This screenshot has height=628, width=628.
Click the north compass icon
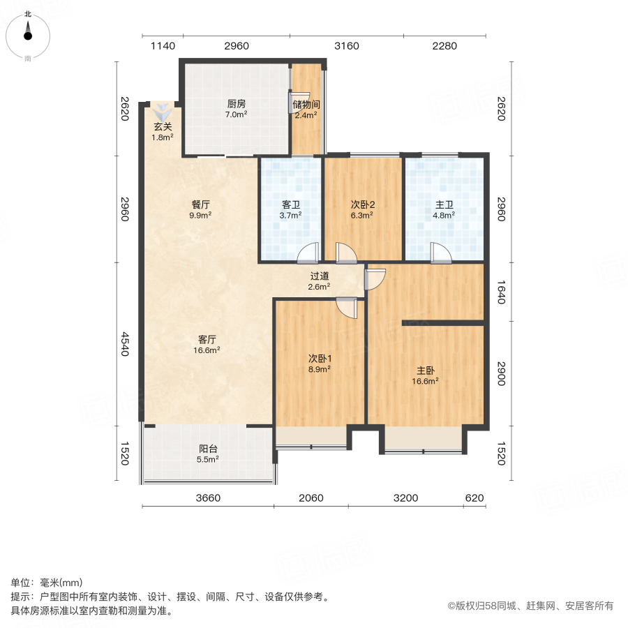[28, 33]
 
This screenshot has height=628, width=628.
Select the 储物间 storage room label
[306, 105]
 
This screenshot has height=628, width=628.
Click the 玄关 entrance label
[163, 127]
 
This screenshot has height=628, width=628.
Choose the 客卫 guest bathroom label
[291, 205]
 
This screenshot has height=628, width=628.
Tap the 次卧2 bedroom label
[363, 205]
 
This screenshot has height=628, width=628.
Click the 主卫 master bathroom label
[444, 205]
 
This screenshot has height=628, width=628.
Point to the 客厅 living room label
[207, 340]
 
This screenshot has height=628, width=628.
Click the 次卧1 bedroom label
[320, 359]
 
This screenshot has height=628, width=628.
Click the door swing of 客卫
[308, 253]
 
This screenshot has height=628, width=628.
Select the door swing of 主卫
[440, 253]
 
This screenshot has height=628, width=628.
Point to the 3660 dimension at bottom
[208, 498]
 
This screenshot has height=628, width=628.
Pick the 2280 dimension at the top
[444, 46]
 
